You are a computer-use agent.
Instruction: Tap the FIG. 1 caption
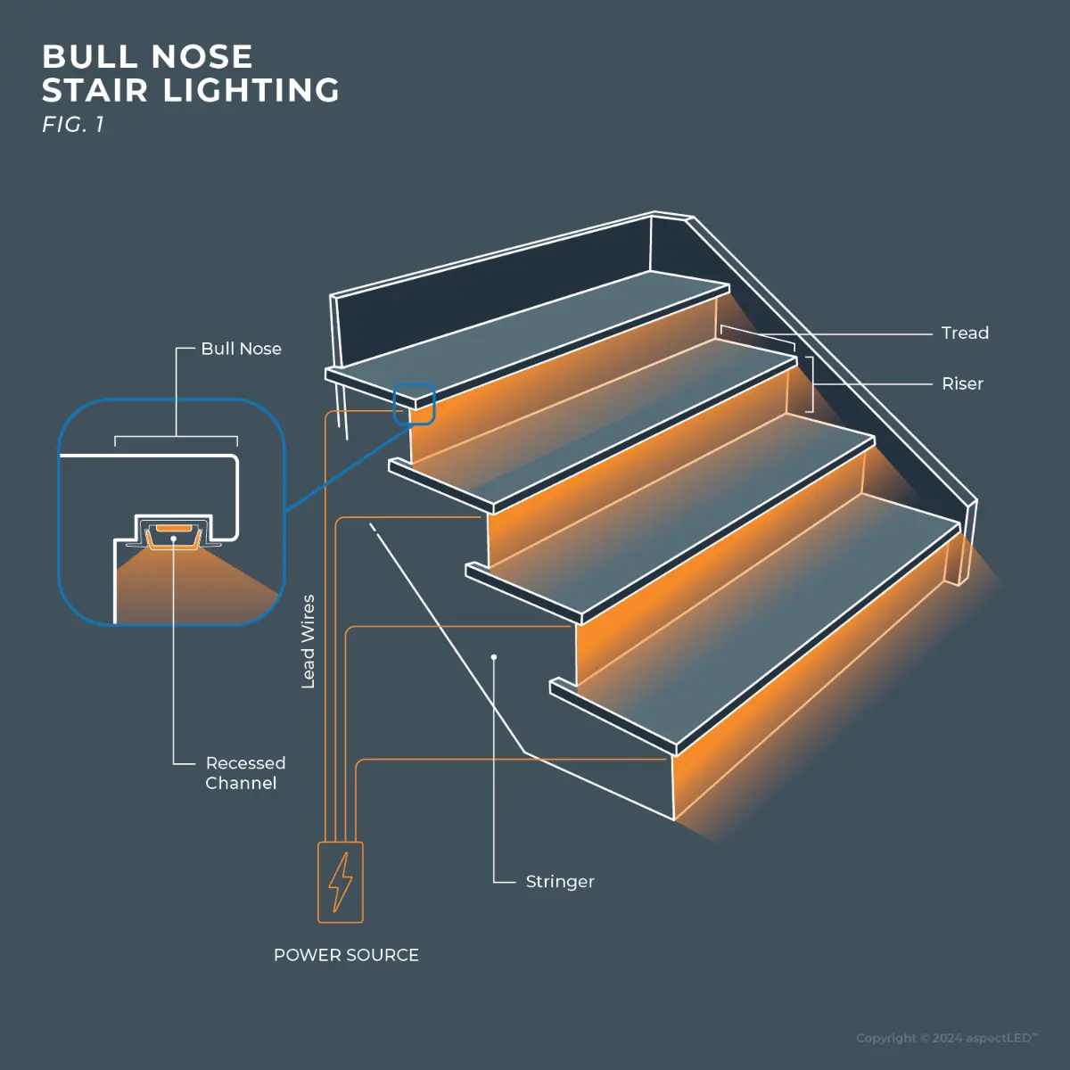73,125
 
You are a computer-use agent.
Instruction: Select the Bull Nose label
241,349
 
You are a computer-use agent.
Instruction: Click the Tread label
965,333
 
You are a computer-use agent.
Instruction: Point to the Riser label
962,383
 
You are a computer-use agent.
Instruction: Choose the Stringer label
559,881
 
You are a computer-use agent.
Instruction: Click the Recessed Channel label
244,773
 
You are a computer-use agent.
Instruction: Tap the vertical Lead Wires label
309,641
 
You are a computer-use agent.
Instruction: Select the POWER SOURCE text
346,955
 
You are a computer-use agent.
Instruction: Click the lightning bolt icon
341,882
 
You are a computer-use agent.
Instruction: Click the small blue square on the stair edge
414,404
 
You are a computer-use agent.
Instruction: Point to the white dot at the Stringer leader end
494,657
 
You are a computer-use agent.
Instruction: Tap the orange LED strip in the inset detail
173,529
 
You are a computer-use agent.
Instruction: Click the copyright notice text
946,1038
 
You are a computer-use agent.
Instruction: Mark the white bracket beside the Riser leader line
811,384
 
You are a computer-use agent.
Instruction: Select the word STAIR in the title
95,91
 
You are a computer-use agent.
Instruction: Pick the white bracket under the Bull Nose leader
176,439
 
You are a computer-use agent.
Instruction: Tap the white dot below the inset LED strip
173,539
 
